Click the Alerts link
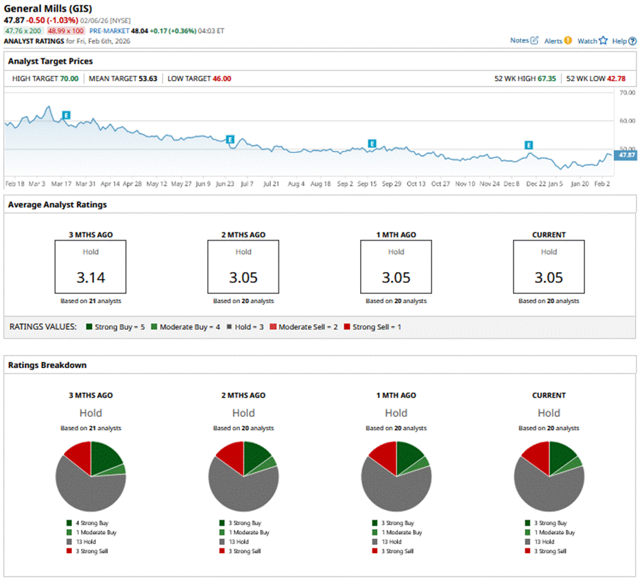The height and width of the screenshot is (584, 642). point(558,41)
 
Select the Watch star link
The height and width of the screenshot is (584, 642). point(592,41)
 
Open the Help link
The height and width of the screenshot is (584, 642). point(623,41)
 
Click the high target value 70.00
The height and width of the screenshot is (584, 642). point(68,79)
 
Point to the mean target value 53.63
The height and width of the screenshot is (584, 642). point(146,79)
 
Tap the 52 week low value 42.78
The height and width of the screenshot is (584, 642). point(617,79)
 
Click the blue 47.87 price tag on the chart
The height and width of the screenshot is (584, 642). point(626,156)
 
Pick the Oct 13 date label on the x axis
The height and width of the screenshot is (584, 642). point(416,184)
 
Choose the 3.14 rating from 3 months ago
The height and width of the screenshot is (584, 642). point(91,278)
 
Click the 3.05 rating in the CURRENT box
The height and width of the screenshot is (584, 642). point(549,278)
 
